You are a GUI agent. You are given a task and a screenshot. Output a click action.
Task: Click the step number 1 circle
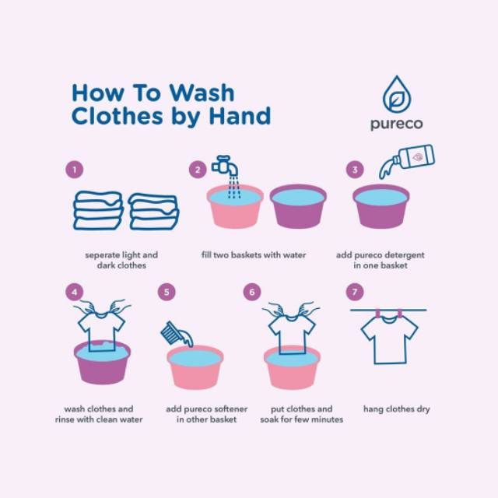click(x=75, y=170)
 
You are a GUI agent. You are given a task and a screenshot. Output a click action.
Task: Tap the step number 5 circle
click(x=167, y=292)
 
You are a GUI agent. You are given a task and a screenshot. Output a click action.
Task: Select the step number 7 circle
click(x=355, y=292)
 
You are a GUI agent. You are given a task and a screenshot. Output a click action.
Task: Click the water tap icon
click(x=225, y=165)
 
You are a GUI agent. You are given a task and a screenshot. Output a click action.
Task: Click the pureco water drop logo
click(x=397, y=94)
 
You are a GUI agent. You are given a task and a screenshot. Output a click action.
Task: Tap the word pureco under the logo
click(x=397, y=124)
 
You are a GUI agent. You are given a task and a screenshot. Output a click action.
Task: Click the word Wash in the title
click(x=202, y=93)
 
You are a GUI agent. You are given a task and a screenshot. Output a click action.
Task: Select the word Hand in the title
click(x=240, y=116)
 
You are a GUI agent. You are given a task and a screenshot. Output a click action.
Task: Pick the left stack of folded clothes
click(x=98, y=210)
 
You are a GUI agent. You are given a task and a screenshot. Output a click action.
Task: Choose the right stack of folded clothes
click(x=154, y=212)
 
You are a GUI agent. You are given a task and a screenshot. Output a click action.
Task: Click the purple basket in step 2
click(x=298, y=206)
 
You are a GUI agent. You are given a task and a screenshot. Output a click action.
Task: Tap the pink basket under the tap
click(x=235, y=206)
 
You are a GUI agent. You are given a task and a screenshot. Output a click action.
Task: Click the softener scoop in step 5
click(x=177, y=334)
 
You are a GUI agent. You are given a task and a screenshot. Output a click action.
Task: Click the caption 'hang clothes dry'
click(x=397, y=409)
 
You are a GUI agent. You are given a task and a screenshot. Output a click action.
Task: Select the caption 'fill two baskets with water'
click(x=254, y=255)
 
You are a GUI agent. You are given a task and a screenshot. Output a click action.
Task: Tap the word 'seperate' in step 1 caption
click(x=102, y=255)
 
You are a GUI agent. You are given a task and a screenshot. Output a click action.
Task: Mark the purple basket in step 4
click(x=102, y=365)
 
